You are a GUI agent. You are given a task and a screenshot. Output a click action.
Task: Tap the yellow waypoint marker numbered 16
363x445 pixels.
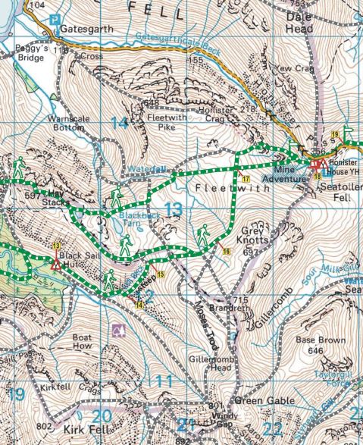click(226, 250)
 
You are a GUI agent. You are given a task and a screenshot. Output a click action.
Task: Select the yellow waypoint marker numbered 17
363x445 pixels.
click(246, 177)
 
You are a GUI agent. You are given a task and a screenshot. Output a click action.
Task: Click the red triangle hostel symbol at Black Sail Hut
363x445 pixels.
click(55, 265)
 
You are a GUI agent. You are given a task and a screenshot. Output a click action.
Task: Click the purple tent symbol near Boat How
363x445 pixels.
click(118, 330)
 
